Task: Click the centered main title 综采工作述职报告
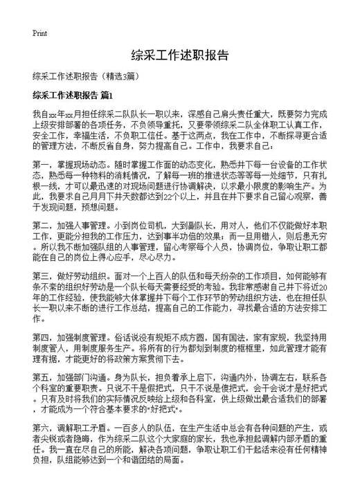[180, 55]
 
